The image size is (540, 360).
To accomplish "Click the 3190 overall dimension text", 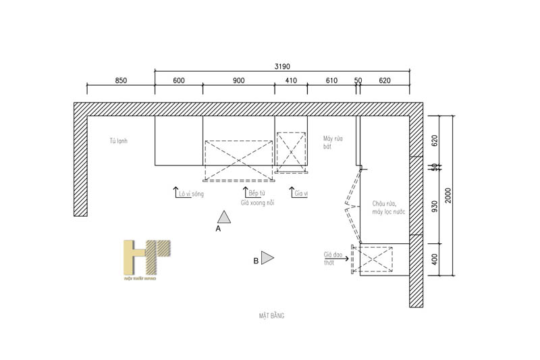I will click(282, 67).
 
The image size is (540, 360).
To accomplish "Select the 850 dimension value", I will click(120, 80).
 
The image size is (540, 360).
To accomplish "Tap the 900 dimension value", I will click(238, 80).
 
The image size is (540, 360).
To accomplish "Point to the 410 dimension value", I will click(291, 80).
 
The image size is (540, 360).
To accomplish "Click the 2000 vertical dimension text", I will click(448, 196).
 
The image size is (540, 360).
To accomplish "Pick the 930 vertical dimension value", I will click(435, 206).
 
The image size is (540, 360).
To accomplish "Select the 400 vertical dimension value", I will click(435, 259).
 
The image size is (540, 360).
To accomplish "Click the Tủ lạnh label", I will click(119, 141).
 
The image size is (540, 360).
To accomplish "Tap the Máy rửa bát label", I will click(333, 142).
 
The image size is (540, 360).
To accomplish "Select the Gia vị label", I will click(301, 194).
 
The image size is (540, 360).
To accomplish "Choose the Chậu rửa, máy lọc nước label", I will click(388, 208).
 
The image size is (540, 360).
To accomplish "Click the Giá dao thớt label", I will click(333, 259).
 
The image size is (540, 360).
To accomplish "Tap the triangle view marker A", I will click(224, 217).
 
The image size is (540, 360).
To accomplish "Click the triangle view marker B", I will click(267, 257).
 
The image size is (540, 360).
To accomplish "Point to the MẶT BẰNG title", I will click(271, 315).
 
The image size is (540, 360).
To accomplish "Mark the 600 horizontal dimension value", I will click(179, 80).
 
